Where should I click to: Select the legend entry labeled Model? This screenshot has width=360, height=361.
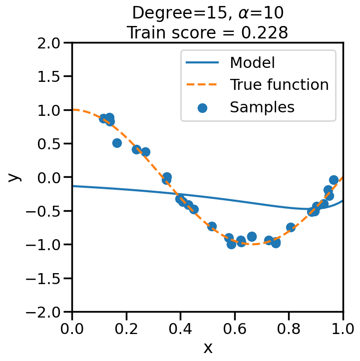252,63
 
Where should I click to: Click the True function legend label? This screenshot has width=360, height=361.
279,85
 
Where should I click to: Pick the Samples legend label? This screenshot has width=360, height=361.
262,107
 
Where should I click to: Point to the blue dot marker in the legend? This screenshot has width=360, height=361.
202,107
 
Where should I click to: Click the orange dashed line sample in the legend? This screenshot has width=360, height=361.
202,85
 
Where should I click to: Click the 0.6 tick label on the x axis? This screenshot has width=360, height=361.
235,328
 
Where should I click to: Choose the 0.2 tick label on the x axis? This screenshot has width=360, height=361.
126,328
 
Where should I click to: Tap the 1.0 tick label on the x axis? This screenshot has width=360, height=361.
343,328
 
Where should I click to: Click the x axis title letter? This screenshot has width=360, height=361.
208,348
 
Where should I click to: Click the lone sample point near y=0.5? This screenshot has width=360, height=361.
117,143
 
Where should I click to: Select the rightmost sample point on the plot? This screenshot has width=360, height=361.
334,180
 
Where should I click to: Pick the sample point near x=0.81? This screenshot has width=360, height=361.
291,227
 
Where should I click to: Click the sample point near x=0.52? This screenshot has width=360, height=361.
212,227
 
